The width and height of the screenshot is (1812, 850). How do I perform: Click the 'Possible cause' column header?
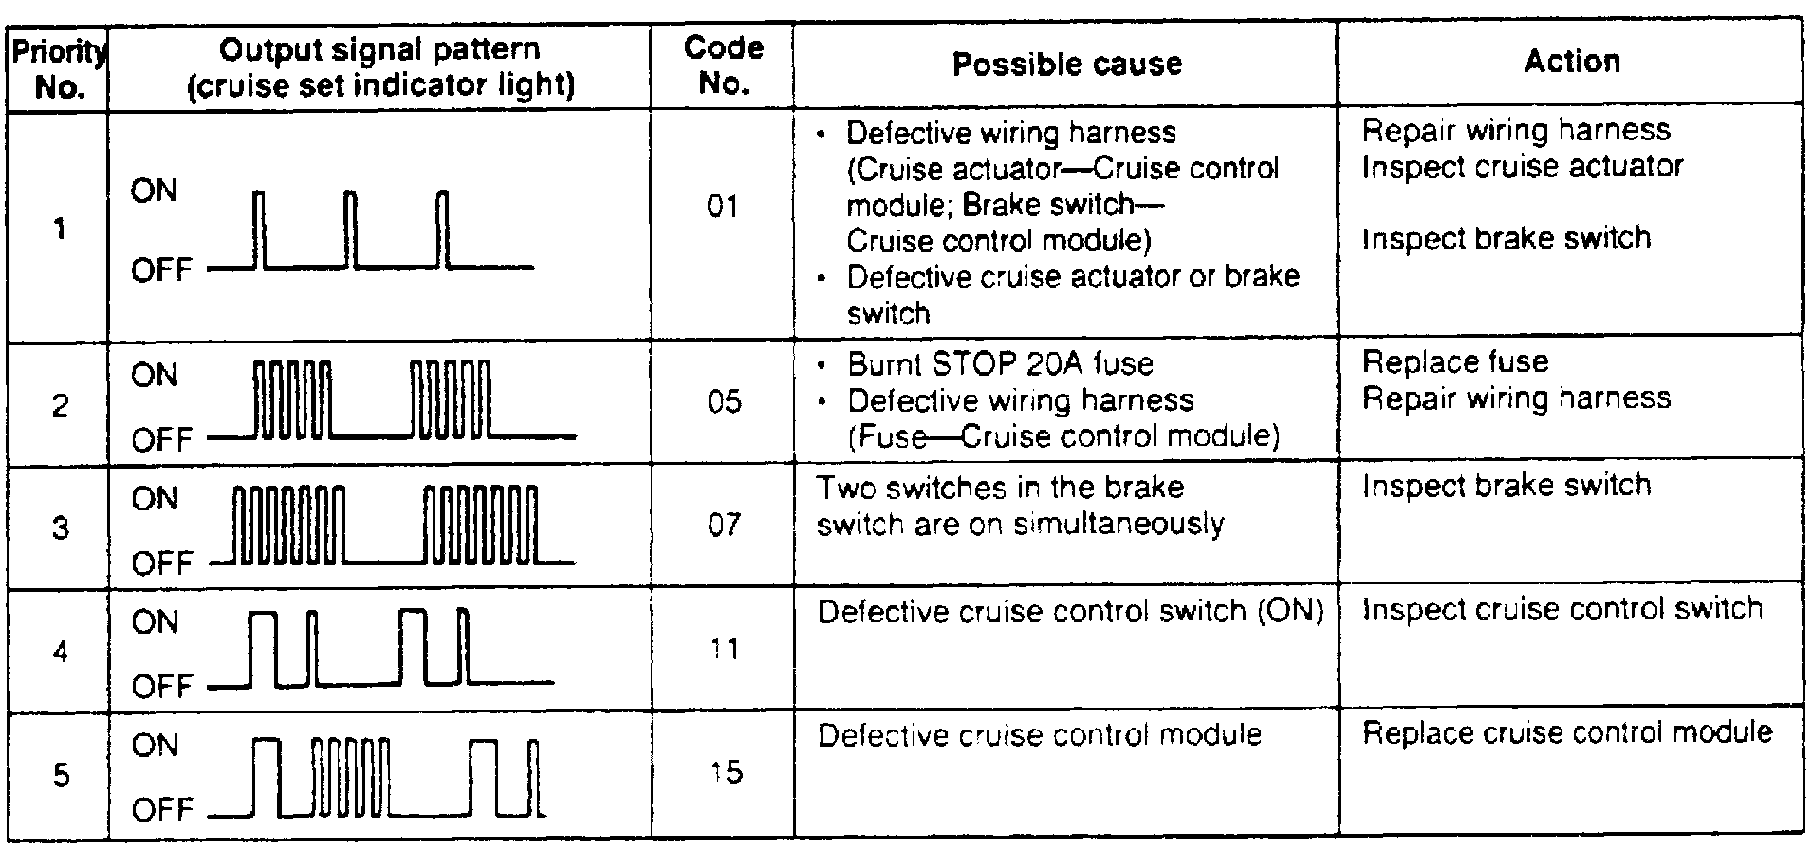pos(1066,64)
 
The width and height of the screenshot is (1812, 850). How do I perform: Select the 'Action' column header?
pos(1572,62)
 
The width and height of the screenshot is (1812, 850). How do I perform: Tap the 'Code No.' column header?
pos(723,65)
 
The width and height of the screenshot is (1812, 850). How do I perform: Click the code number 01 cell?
pos(723,206)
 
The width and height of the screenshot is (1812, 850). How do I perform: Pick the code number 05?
pos(724,401)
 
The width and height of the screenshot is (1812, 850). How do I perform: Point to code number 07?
pos(724,525)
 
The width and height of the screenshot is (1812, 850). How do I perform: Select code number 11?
pos(724,649)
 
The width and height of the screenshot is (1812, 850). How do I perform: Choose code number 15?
pos(725,772)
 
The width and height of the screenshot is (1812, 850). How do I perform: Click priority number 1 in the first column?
pos(60,229)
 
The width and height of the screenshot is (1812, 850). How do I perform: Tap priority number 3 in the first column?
pos(60,527)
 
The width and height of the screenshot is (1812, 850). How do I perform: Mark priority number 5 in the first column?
pos(60,775)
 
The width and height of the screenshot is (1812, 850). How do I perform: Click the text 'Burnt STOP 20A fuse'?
pos(1000,363)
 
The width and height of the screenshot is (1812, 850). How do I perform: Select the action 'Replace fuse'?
pos(1455,361)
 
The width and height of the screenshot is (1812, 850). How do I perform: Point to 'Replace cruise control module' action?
pos(1567,732)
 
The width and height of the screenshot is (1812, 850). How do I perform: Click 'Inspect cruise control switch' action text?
pos(1562,608)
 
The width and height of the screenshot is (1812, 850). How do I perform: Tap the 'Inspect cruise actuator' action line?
pos(1522,167)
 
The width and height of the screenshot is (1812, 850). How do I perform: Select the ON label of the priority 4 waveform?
pos(155,622)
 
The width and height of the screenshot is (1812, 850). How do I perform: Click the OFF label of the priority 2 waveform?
pos(161,440)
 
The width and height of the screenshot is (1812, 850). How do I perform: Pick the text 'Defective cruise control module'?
pos(1039,735)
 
